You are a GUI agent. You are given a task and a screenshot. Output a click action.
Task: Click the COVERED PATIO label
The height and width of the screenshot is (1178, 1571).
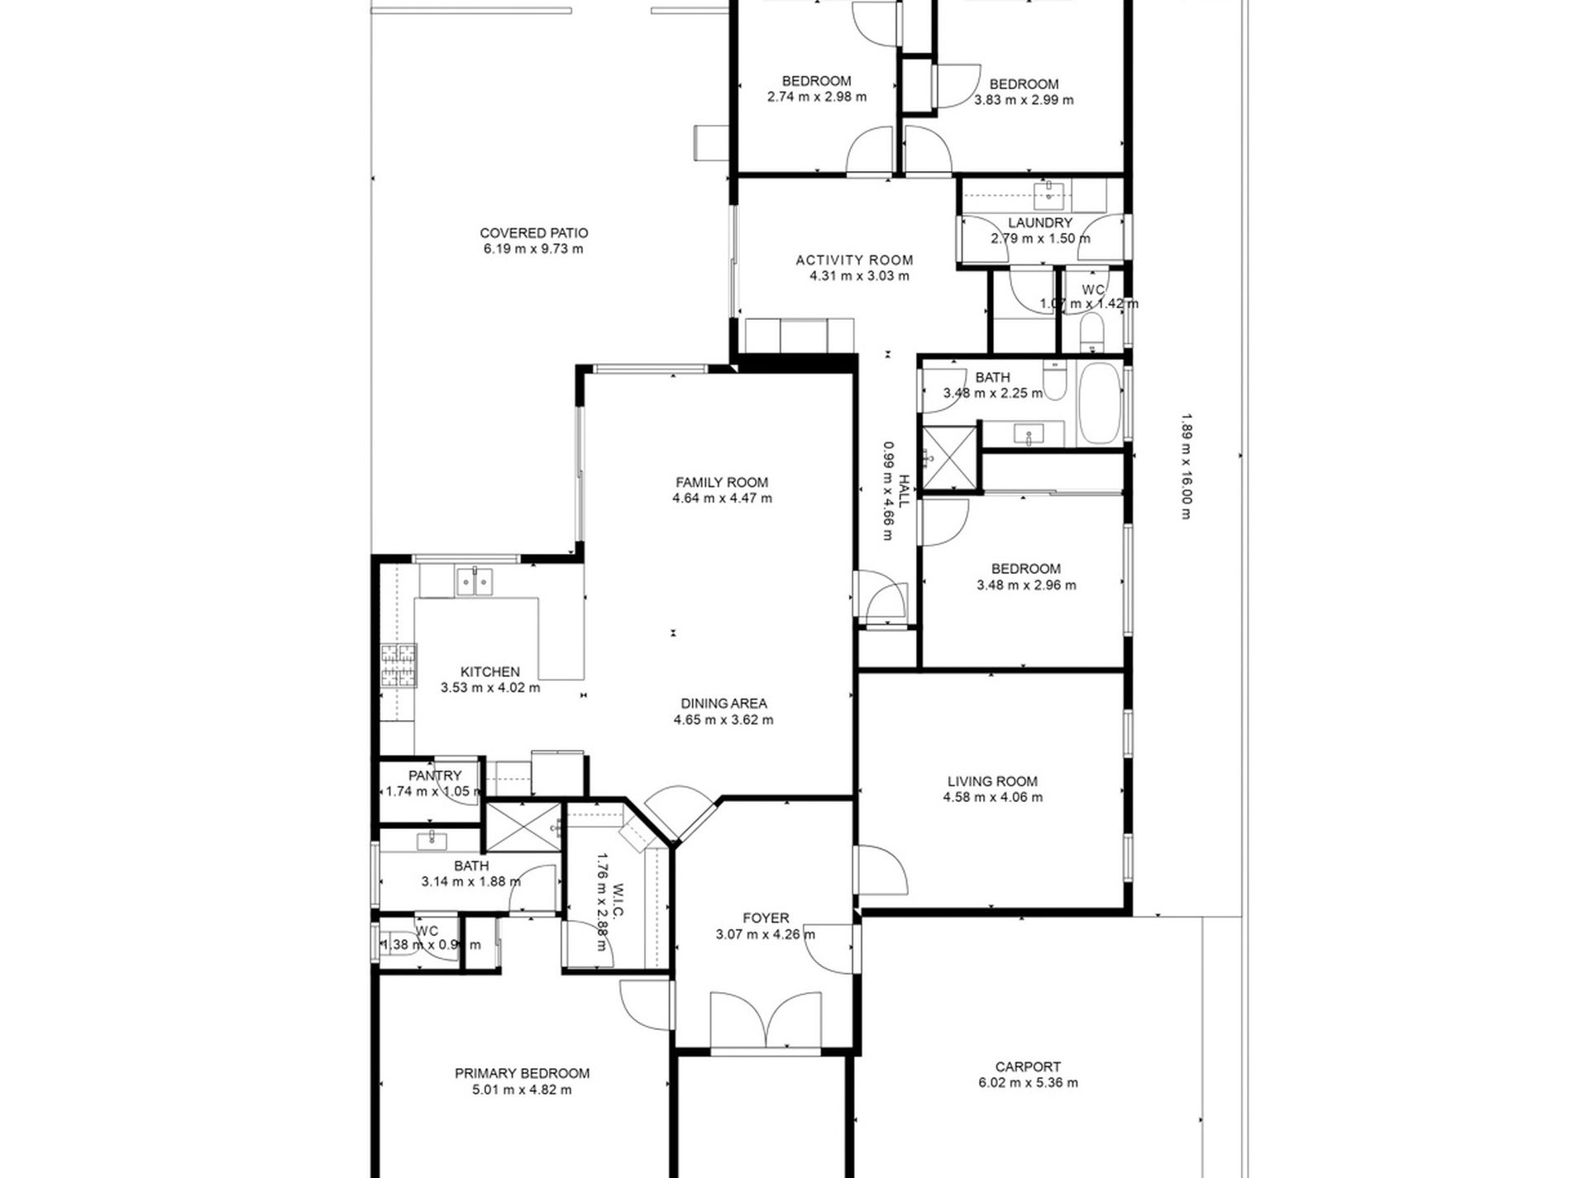coord(533,233)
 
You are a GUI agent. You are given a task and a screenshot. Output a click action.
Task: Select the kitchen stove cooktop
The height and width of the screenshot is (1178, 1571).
coord(399,666)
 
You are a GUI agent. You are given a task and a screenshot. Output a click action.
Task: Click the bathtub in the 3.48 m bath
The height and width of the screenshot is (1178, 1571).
coord(1099,403)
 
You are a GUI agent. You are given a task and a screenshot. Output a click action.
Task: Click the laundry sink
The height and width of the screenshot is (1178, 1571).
coord(1049,196)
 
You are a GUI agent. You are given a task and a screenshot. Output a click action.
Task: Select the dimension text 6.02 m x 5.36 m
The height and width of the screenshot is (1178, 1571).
coord(1027,1083)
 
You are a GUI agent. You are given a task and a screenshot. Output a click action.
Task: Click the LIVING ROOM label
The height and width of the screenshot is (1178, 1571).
coord(992,781)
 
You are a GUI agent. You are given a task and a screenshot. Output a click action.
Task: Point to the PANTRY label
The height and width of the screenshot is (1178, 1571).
coord(435,775)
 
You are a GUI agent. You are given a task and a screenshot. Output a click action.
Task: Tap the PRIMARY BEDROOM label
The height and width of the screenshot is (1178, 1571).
coord(522,1074)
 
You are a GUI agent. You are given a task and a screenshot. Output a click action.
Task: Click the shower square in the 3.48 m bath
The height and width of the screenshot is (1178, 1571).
coord(949,459)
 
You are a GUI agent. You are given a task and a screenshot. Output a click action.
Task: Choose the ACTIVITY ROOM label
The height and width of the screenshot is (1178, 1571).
coord(854,260)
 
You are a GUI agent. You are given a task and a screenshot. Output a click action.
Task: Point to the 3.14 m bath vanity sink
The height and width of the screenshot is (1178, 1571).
coord(432,841)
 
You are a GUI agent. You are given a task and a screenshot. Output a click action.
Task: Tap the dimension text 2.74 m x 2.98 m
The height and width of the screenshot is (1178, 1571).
coord(816,97)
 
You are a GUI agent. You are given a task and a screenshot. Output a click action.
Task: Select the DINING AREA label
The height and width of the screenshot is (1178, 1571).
coord(723,703)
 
